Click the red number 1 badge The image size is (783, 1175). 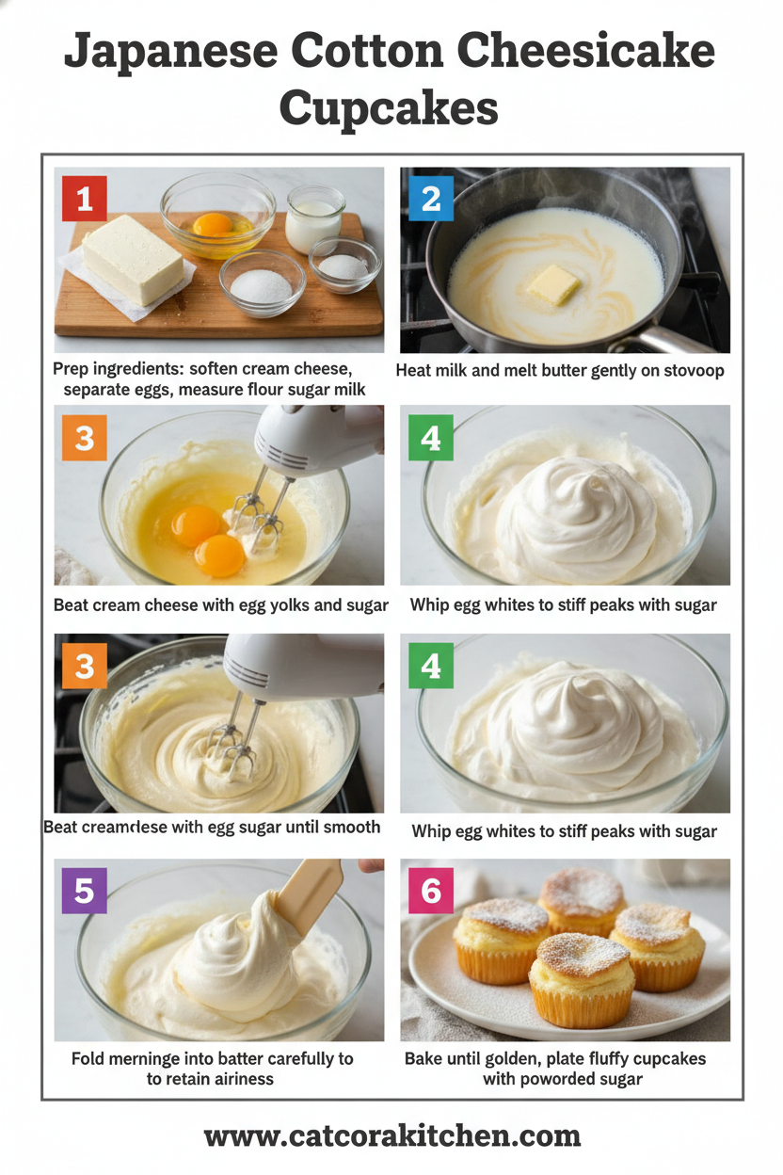pyautogui.click(x=85, y=199)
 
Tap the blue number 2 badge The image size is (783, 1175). pyautogui.click(x=431, y=199)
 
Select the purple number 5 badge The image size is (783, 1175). pyautogui.click(x=85, y=891)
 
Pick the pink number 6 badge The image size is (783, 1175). pyautogui.click(x=431, y=891)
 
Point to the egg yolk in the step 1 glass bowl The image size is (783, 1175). pyautogui.click(x=213, y=224)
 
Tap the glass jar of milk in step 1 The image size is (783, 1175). pyautogui.click(x=314, y=218)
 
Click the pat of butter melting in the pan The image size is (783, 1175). pyautogui.click(x=552, y=283)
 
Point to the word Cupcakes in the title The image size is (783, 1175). pyautogui.click(x=389, y=107)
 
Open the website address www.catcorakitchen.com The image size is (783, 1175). pyautogui.click(x=391, y=1135)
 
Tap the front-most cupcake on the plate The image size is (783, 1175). pyautogui.click(x=581, y=979)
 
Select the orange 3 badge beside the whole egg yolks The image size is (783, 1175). pyautogui.click(x=85, y=439)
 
